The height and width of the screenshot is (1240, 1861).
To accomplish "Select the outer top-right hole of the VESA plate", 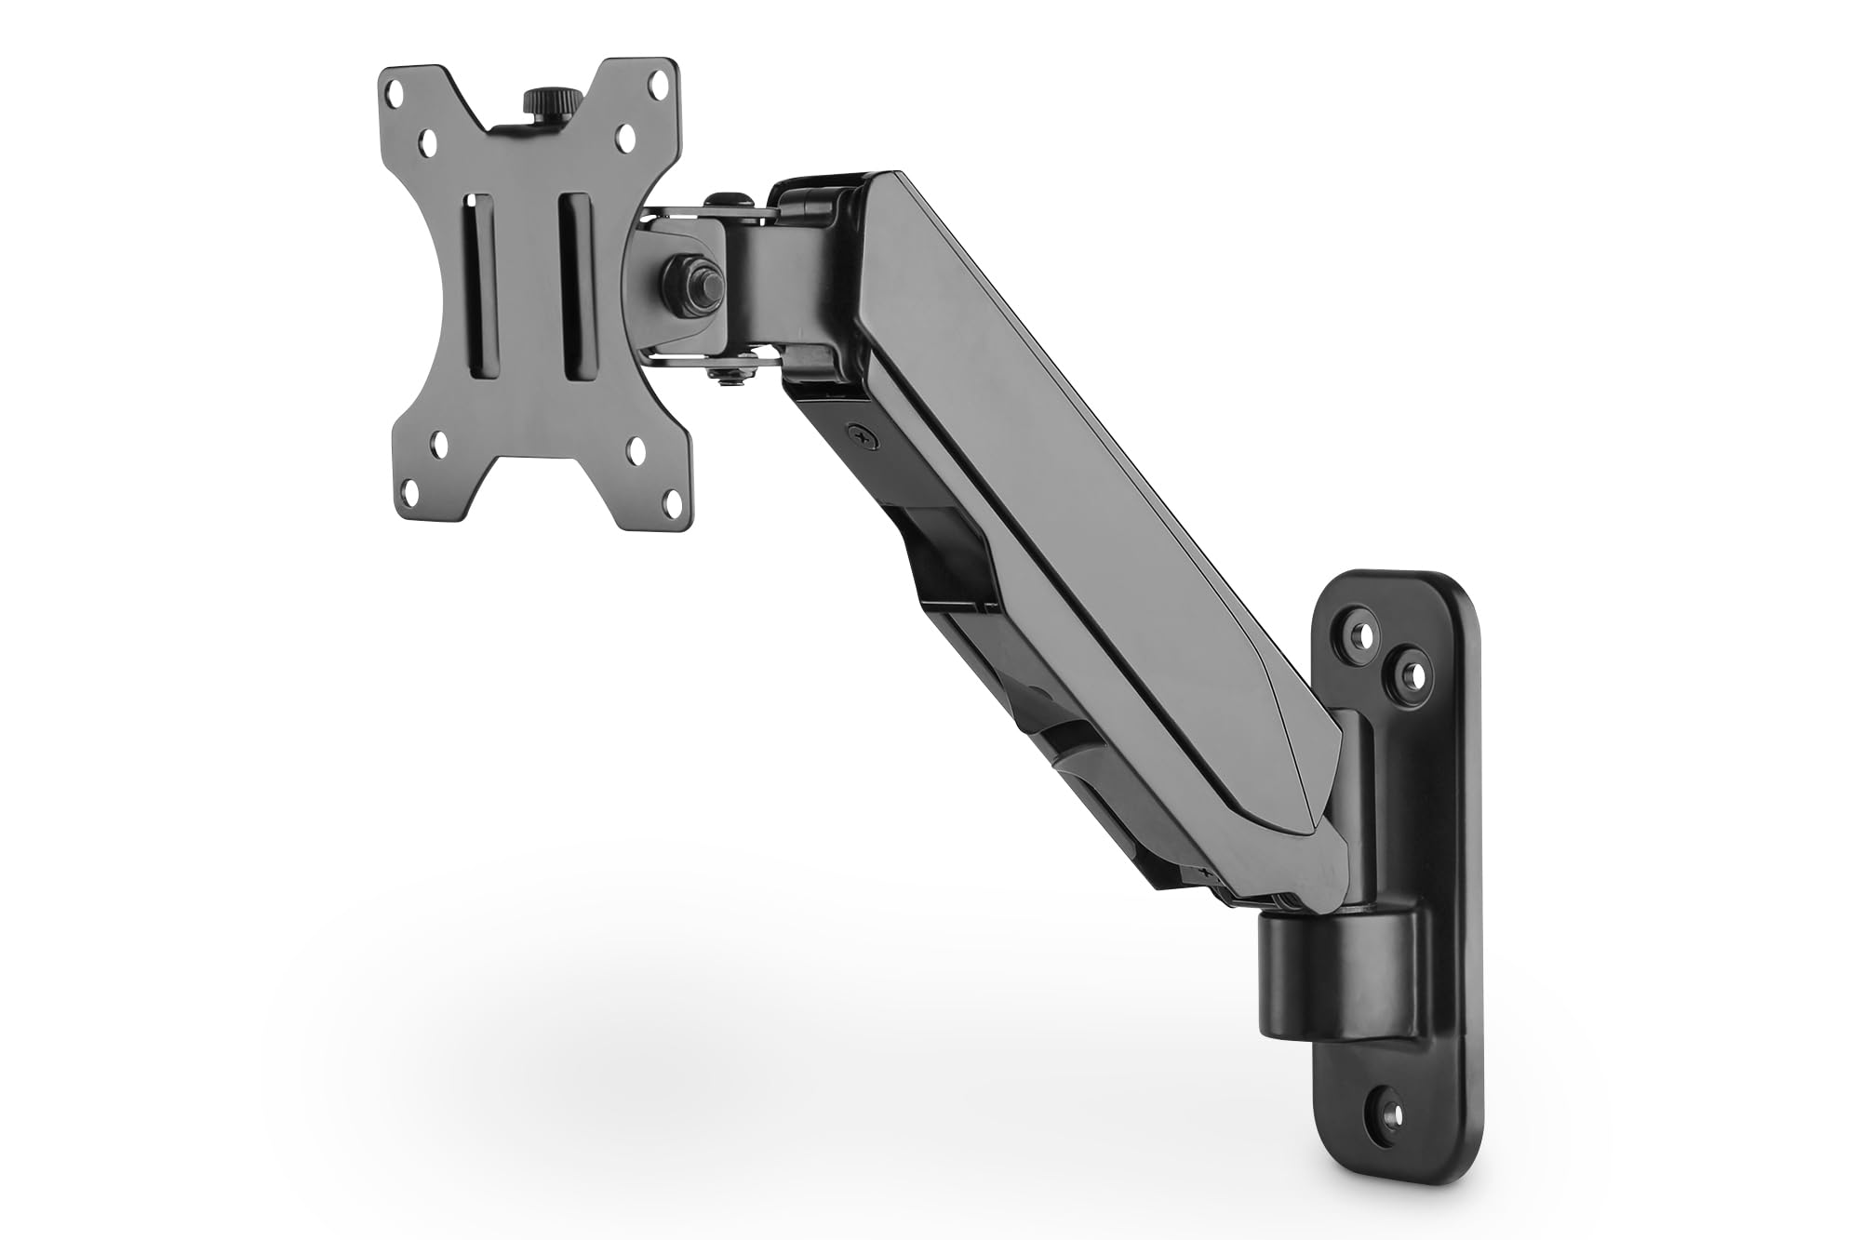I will [662, 94].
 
